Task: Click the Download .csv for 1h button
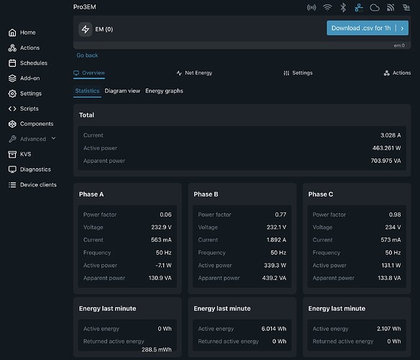pyautogui.click(x=367, y=28)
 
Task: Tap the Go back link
pyautogui.click(x=87, y=55)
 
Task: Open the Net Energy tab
pyautogui.click(x=194, y=73)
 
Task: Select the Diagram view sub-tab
pyautogui.click(x=122, y=91)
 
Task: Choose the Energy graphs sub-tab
pyautogui.click(x=164, y=91)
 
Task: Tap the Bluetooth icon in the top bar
pyautogui.click(x=343, y=7)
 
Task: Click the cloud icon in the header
pyautogui.click(x=375, y=7)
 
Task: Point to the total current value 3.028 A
pyautogui.click(x=391, y=135)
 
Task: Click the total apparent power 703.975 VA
pyautogui.click(x=385, y=161)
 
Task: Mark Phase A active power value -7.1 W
pyautogui.click(x=163, y=265)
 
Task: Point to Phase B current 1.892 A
pyautogui.click(x=276, y=240)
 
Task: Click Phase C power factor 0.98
pyautogui.click(x=395, y=215)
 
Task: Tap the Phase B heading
pyautogui.click(x=206, y=194)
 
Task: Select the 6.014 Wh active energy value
pyautogui.click(x=274, y=328)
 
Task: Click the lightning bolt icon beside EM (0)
pyautogui.click(x=86, y=30)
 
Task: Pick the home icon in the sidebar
pyautogui.click(x=12, y=32)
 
